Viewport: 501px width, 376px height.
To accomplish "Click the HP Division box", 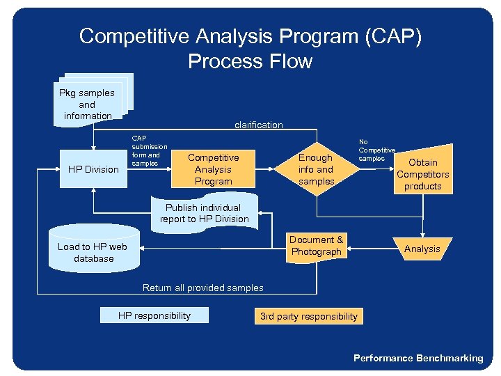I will click(x=93, y=169).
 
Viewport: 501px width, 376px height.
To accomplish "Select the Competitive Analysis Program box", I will click(x=213, y=169).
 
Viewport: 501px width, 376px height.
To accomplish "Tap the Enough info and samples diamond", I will click(x=316, y=169).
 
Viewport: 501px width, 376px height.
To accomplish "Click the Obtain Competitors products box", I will click(x=423, y=174).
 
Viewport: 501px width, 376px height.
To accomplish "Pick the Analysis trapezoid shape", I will click(x=422, y=249).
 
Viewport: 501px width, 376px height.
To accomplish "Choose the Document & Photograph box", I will click(x=317, y=246).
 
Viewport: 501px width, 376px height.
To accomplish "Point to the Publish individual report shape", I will click(x=204, y=213).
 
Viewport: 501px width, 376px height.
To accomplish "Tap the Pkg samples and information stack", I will click(x=88, y=104).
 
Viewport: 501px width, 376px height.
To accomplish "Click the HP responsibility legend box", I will click(x=154, y=315).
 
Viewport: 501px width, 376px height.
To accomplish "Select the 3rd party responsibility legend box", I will click(x=308, y=316).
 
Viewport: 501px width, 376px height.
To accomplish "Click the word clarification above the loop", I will click(x=259, y=125).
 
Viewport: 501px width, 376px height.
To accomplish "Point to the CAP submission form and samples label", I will click(x=149, y=150).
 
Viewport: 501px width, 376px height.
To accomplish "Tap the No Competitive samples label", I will click(x=376, y=150).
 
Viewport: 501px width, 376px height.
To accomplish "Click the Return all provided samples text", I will click(x=202, y=287).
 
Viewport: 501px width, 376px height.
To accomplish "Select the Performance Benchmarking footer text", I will click(x=417, y=358).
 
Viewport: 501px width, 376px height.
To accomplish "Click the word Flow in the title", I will click(x=292, y=61).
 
